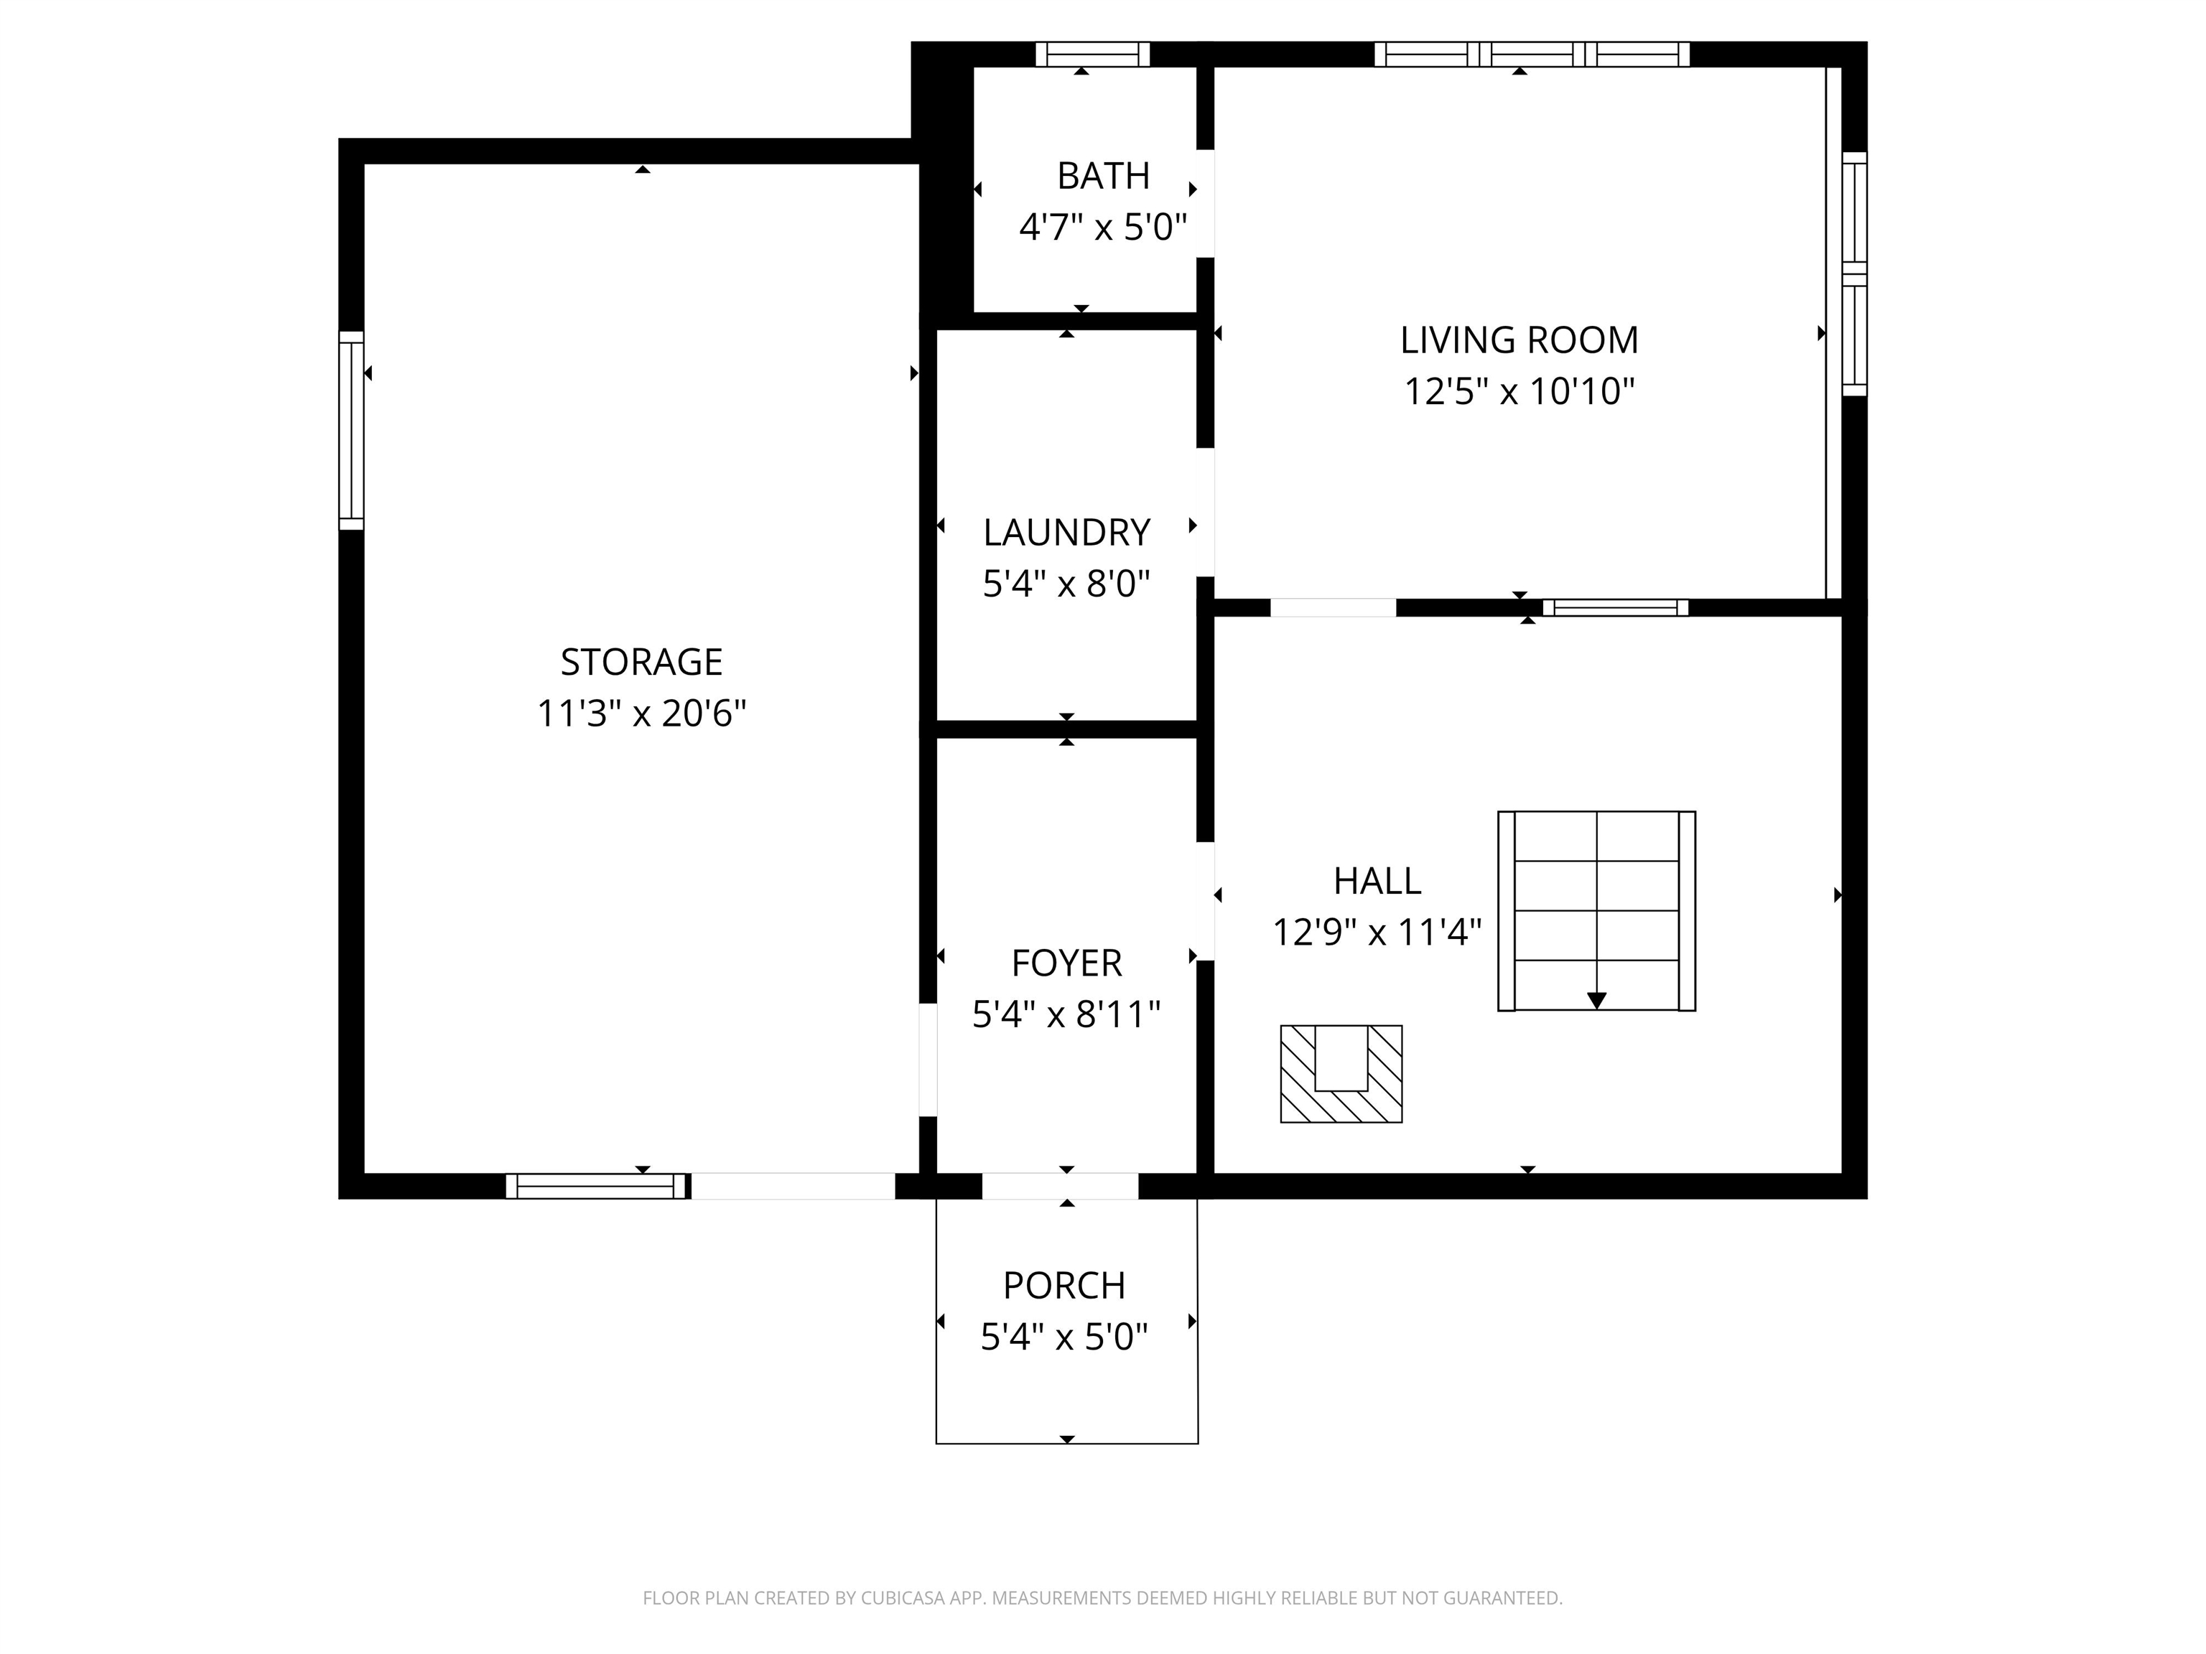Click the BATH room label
1102,175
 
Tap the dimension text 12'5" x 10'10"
1519,391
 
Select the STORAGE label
641,662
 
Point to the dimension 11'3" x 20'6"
641,714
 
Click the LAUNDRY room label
1066,533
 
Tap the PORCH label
1064,1285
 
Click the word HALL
1377,880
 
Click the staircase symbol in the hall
1596,910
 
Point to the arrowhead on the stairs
1596,1000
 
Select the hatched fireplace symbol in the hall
1341,1074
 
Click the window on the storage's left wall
351,430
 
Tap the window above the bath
1092,54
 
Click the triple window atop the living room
1531,54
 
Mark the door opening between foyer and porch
1059,1185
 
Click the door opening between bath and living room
1205,203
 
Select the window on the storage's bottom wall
596,1185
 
